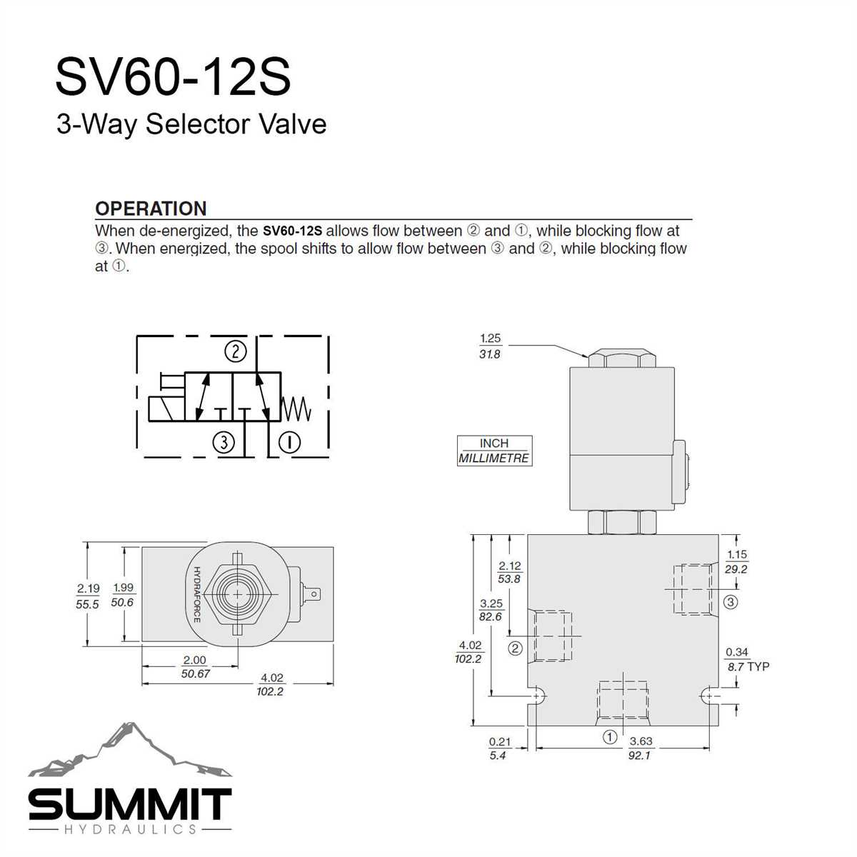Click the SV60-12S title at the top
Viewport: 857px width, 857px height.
[173, 77]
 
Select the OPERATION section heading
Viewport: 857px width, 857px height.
[151, 209]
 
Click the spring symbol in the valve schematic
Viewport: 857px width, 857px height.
[297, 408]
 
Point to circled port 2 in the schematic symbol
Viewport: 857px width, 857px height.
[235, 351]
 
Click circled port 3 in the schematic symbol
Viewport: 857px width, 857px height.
[224, 442]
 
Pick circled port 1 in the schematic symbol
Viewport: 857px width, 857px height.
[289, 442]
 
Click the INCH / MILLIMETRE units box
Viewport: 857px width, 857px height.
[494, 451]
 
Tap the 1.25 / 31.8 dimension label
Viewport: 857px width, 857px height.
[490, 346]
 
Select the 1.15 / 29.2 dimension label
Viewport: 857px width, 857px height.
[736, 562]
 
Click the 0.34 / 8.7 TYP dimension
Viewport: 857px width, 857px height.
[746, 659]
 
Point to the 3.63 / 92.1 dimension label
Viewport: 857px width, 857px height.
[641, 748]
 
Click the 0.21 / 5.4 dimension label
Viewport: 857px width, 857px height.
[499, 748]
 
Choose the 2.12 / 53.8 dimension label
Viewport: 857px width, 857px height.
[509, 572]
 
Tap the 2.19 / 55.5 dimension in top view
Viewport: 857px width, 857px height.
[88, 596]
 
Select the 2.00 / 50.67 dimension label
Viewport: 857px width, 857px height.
[194, 667]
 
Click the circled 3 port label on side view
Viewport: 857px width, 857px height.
[730, 602]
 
